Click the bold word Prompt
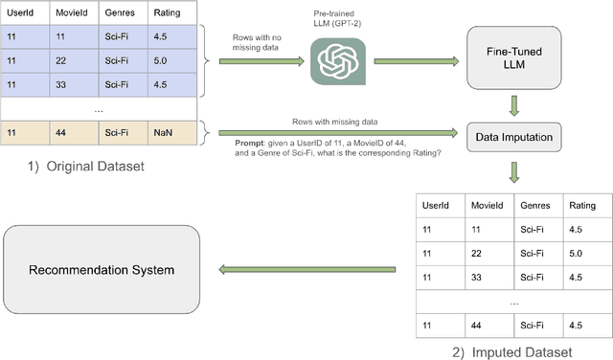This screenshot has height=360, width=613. coord(254,141)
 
